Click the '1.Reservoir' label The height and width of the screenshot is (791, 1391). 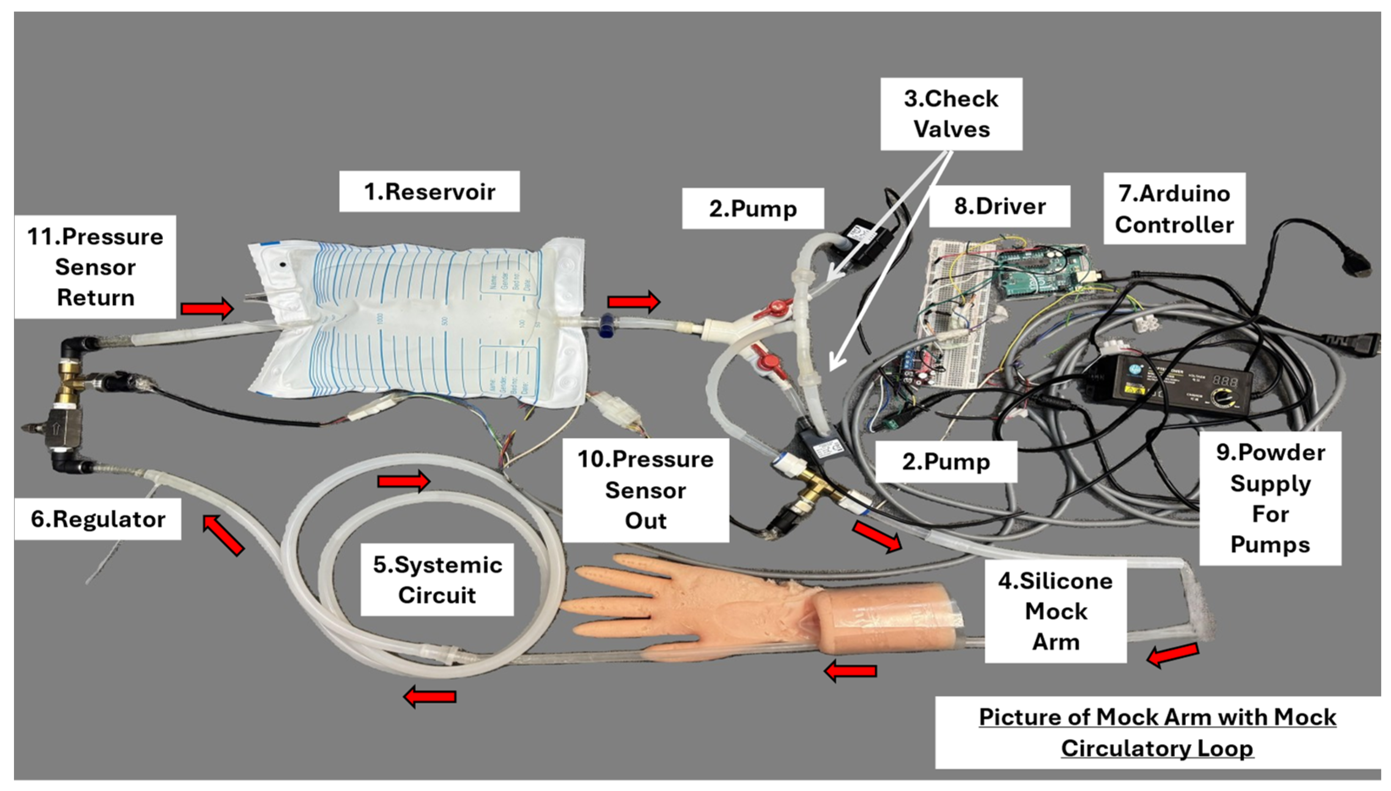point(429,192)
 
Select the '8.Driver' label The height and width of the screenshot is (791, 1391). point(999,206)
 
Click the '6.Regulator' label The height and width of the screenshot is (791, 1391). point(98,519)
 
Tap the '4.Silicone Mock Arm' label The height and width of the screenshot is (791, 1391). point(1055,611)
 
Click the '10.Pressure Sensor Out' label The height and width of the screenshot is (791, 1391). point(645,490)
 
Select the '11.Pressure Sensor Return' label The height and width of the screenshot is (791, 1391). point(95,267)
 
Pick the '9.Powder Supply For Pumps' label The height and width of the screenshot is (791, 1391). point(1270,498)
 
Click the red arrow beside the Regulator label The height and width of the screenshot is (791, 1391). point(223,536)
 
